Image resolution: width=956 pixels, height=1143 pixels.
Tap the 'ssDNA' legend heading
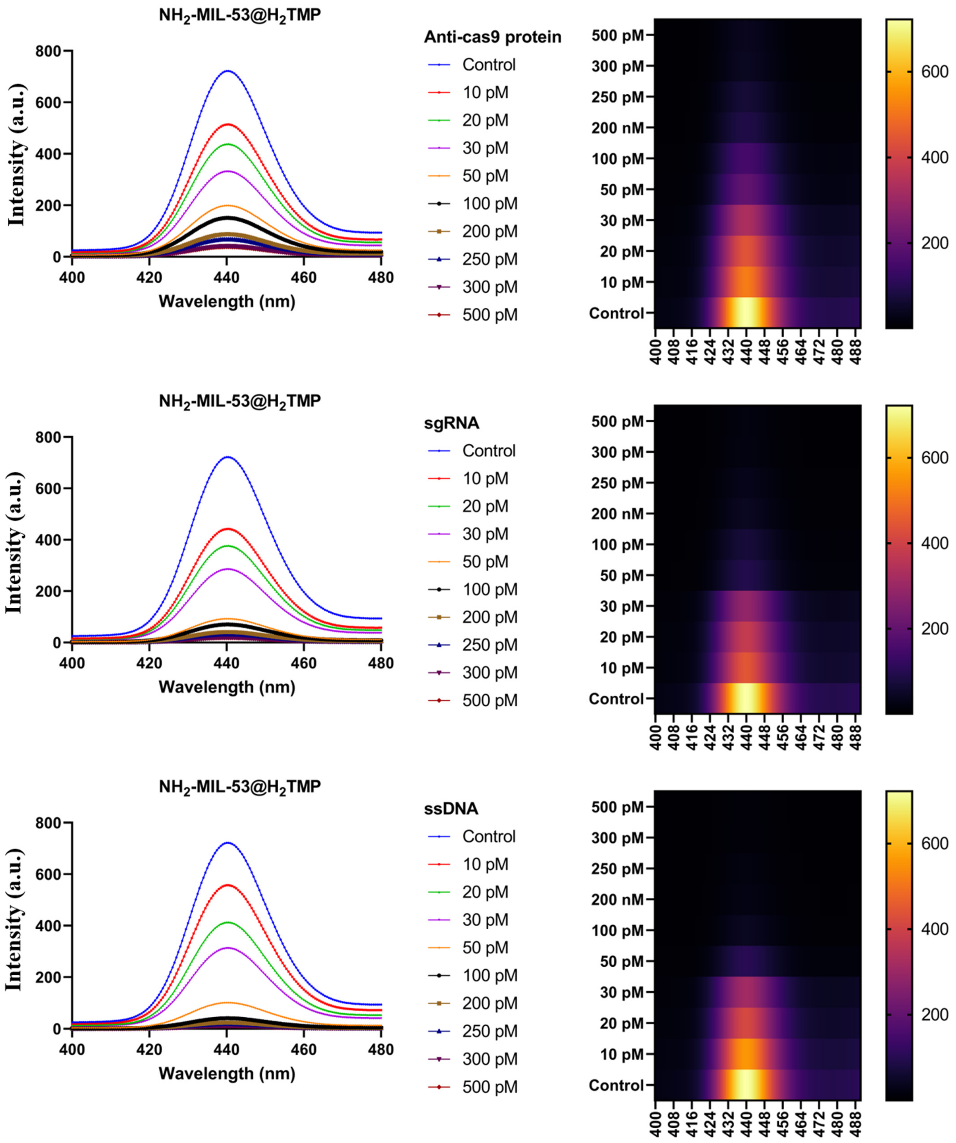pos(451,809)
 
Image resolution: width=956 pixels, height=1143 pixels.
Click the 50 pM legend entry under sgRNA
pos(485,562)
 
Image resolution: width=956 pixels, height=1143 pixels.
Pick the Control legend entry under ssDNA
pos(488,837)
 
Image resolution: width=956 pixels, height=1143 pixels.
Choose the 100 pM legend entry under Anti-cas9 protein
pos(489,204)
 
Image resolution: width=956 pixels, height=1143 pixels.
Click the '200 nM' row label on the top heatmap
pos(617,128)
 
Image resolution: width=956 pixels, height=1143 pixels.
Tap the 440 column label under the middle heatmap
pos(747,736)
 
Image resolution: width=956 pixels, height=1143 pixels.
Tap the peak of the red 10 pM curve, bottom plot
pos(228,885)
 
